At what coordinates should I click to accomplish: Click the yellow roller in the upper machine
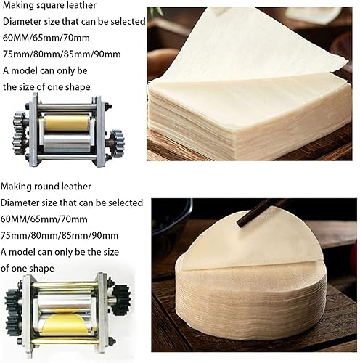click(x=66, y=123)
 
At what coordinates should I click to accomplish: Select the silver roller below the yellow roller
click(x=66, y=142)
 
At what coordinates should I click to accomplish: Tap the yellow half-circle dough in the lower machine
click(x=65, y=323)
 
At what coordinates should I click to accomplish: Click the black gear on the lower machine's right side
click(x=122, y=300)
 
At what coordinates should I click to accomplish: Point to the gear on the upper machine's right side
click(x=117, y=143)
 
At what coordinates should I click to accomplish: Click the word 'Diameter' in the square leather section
click(x=22, y=22)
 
